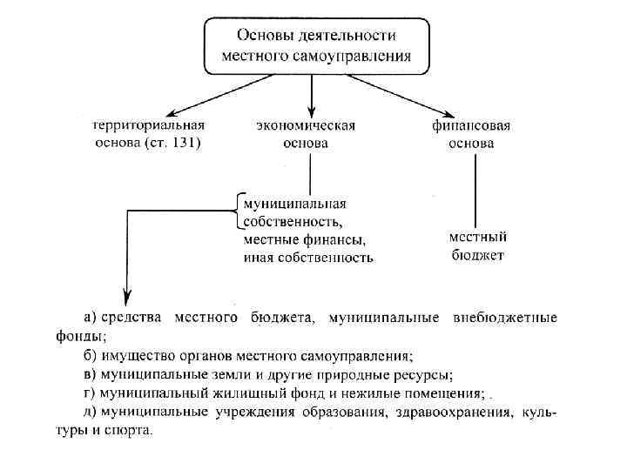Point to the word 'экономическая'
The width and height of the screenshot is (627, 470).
pyautogui.click(x=305, y=126)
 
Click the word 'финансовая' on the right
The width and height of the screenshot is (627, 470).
pyautogui.click(x=471, y=126)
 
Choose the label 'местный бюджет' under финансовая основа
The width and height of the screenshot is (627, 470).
pyautogui.click(x=477, y=245)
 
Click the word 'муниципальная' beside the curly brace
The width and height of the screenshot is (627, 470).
pyautogui.click(x=294, y=204)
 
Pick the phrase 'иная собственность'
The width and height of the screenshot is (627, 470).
pyautogui.click(x=308, y=258)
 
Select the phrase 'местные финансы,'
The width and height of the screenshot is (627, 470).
pyautogui.click(x=304, y=239)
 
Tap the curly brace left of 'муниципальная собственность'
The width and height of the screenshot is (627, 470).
pyautogui.click(x=236, y=211)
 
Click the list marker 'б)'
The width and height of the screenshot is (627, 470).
pyautogui.click(x=91, y=355)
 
